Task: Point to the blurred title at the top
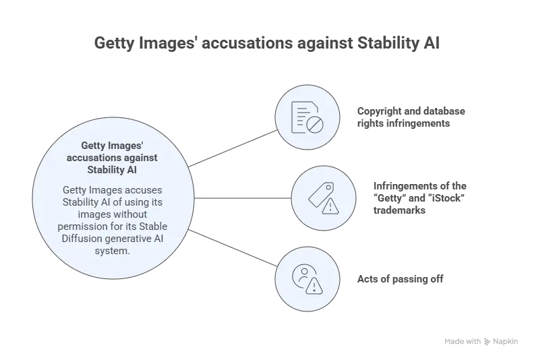267,42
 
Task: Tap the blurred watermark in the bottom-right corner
479,340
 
